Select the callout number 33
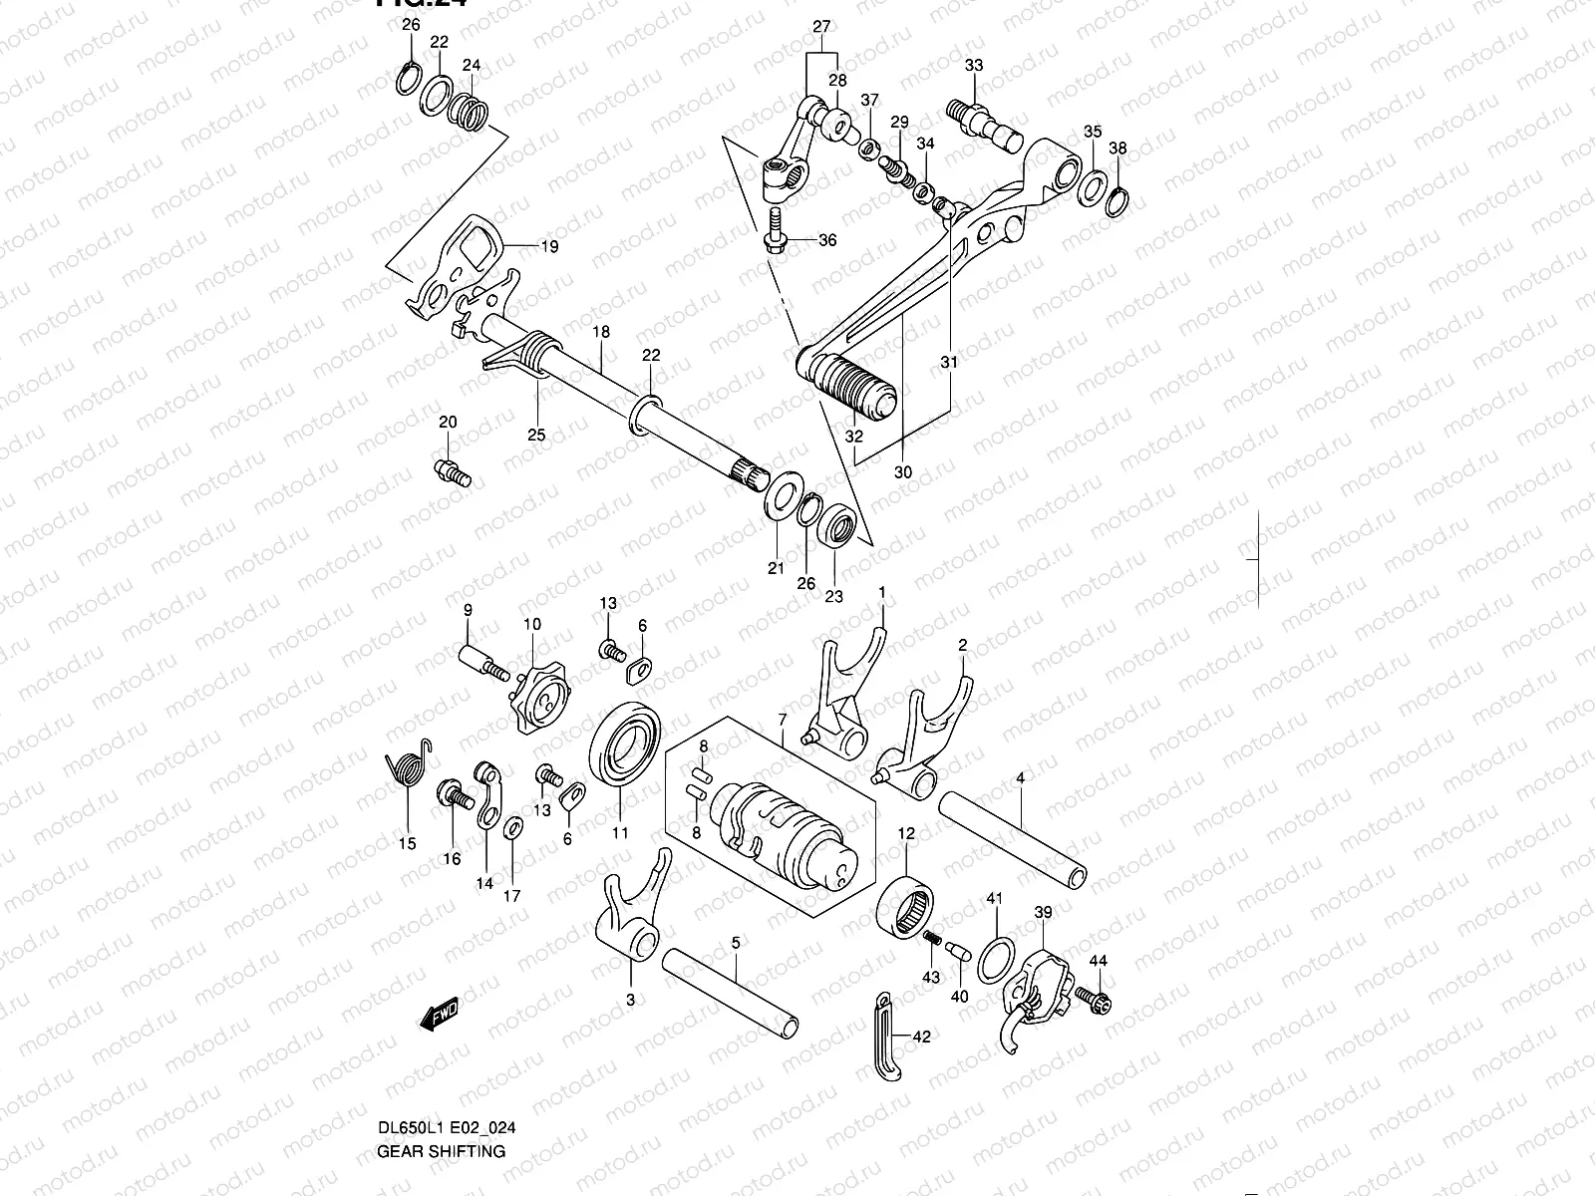tap(974, 66)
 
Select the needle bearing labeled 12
tap(905, 904)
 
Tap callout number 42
tap(921, 1038)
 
